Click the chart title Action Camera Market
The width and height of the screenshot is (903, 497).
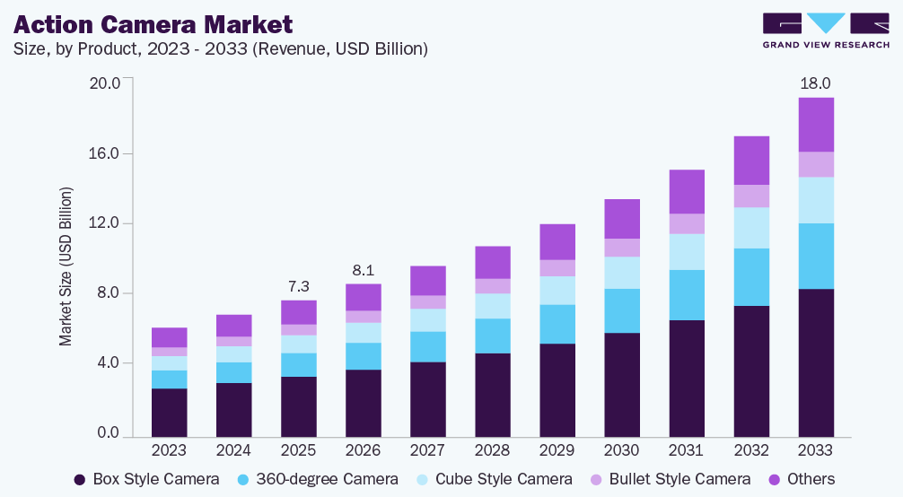[153, 24]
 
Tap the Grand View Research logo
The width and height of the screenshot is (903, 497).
[826, 31]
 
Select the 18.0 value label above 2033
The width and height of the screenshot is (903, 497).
[815, 83]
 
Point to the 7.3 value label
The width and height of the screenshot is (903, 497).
[298, 286]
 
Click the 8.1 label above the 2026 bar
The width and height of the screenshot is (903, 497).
[363, 270]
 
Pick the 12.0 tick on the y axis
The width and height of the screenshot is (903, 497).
[104, 222]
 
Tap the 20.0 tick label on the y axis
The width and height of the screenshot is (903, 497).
[104, 83]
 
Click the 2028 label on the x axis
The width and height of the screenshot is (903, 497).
[493, 449]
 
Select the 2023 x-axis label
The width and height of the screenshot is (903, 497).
[169, 449]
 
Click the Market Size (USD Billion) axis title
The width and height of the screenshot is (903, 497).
[66, 266]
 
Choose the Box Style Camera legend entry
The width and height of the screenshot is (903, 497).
[147, 479]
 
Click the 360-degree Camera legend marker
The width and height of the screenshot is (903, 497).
[243, 480]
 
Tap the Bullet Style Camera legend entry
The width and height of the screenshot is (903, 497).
[671, 479]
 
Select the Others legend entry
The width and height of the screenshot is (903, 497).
[802, 479]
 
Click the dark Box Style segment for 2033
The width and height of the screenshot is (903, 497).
[816, 362]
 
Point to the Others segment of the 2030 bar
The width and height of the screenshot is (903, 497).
[622, 219]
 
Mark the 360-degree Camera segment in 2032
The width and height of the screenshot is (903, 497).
[751, 277]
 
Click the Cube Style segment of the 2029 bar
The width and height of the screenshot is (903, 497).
[557, 291]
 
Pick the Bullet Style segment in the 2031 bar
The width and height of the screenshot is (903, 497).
[687, 224]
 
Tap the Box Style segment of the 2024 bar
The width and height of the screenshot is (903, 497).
[233, 410]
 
